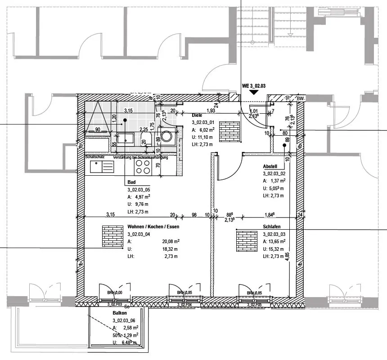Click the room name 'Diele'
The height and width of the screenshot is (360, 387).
point(197,116)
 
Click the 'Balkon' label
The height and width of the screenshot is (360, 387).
point(120,313)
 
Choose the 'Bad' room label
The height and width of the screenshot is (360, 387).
point(131,182)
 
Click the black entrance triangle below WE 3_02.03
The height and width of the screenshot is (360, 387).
point(254,92)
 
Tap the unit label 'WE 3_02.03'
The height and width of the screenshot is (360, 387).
point(254,85)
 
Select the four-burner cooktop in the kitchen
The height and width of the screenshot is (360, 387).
point(143,167)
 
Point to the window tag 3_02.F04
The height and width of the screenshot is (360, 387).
point(184,305)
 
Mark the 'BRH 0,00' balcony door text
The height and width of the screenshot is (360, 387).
point(114,293)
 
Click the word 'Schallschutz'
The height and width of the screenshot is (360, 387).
point(95,157)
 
